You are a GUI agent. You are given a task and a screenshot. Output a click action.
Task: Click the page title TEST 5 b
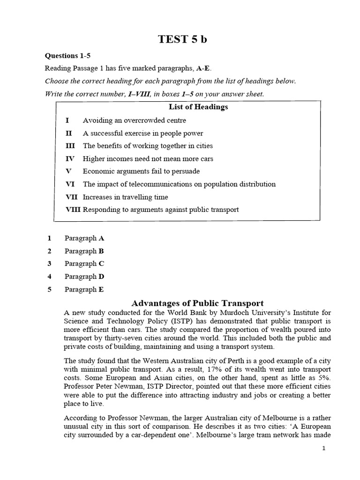tap(182, 39)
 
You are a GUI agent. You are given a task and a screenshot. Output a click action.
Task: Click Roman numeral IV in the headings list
tap(70, 159)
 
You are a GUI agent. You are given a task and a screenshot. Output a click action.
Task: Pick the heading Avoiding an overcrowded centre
tap(134, 120)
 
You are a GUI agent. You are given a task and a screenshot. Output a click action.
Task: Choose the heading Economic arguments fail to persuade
tap(141, 172)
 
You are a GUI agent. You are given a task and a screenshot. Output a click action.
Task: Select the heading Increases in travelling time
tap(125, 197)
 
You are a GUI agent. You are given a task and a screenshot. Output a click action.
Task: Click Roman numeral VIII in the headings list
tap(73, 210)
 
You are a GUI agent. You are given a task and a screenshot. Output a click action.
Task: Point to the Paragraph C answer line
tap(84, 263)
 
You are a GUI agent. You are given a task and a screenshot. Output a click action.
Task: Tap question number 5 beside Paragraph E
tap(50, 289)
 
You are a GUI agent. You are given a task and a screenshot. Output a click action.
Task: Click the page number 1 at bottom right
tap(323, 448)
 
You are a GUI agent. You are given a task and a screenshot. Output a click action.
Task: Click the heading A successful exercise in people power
tap(143, 133)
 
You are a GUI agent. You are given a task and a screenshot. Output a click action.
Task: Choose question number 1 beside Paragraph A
tap(50, 238)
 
